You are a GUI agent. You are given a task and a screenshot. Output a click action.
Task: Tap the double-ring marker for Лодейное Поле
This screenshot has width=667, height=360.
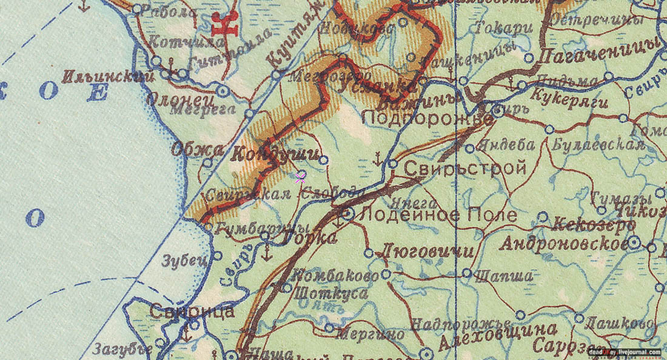(349, 213)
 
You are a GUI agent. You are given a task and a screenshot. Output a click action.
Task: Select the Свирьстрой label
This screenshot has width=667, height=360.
(465, 168)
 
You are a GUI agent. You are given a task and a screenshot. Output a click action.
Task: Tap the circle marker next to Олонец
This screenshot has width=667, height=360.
(223, 91)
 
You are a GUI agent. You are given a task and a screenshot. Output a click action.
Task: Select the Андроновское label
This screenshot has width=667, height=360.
(563, 244)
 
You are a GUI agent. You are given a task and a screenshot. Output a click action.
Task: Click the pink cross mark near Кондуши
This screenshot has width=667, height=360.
(300, 178)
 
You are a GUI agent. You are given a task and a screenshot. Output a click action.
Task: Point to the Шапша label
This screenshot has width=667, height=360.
(503, 276)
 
